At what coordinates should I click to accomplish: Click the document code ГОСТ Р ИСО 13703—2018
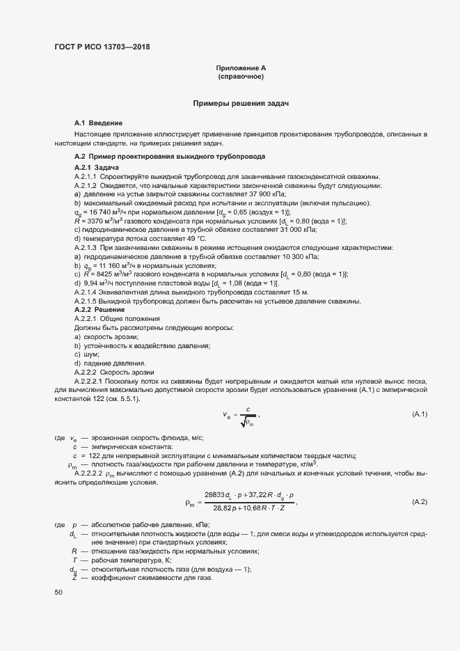(102, 47)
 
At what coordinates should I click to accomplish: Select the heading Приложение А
(241, 68)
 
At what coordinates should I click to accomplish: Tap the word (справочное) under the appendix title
(241, 77)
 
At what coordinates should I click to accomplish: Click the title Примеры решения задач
(241, 103)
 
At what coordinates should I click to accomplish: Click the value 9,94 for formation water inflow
(90, 283)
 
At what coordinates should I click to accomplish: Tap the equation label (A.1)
(420, 414)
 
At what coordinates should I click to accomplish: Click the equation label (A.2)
(420, 502)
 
